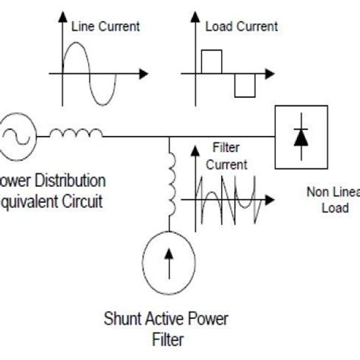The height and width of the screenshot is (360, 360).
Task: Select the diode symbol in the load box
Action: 301,137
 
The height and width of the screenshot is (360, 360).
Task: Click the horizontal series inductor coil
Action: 76,134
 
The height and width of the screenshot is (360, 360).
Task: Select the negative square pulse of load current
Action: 245,86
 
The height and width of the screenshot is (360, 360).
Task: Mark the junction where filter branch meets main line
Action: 170,137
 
